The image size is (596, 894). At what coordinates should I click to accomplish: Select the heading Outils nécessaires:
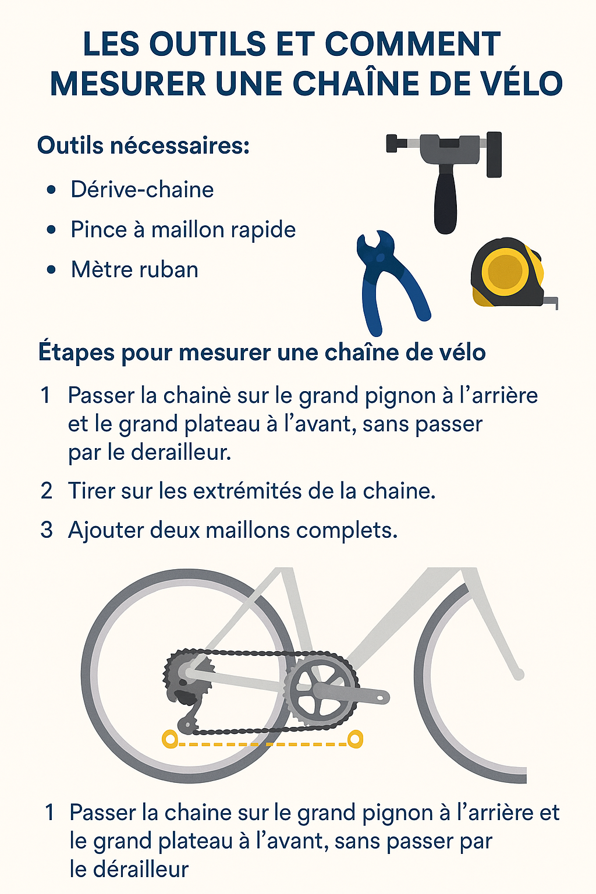tap(143, 146)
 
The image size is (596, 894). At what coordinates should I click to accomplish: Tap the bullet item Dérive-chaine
tap(142, 190)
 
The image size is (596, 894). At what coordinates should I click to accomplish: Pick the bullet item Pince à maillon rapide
tap(183, 230)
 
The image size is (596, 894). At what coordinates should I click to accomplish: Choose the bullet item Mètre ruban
tap(134, 270)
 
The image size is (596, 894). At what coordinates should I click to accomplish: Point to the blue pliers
tap(387, 279)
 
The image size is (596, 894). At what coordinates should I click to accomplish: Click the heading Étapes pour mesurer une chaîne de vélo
tap(262, 353)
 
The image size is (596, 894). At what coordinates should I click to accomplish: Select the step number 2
tap(47, 491)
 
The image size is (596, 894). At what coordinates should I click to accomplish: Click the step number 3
tap(47, 530)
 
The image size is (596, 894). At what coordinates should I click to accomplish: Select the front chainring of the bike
tap(321, 690)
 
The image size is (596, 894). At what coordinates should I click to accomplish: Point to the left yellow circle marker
tap(169, 739)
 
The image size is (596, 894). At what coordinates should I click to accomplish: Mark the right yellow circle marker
tap(354, 739)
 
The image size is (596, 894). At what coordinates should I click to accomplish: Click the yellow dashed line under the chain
tap(262, 744)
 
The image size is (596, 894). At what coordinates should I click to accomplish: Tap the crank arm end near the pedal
tap(381, 696)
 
